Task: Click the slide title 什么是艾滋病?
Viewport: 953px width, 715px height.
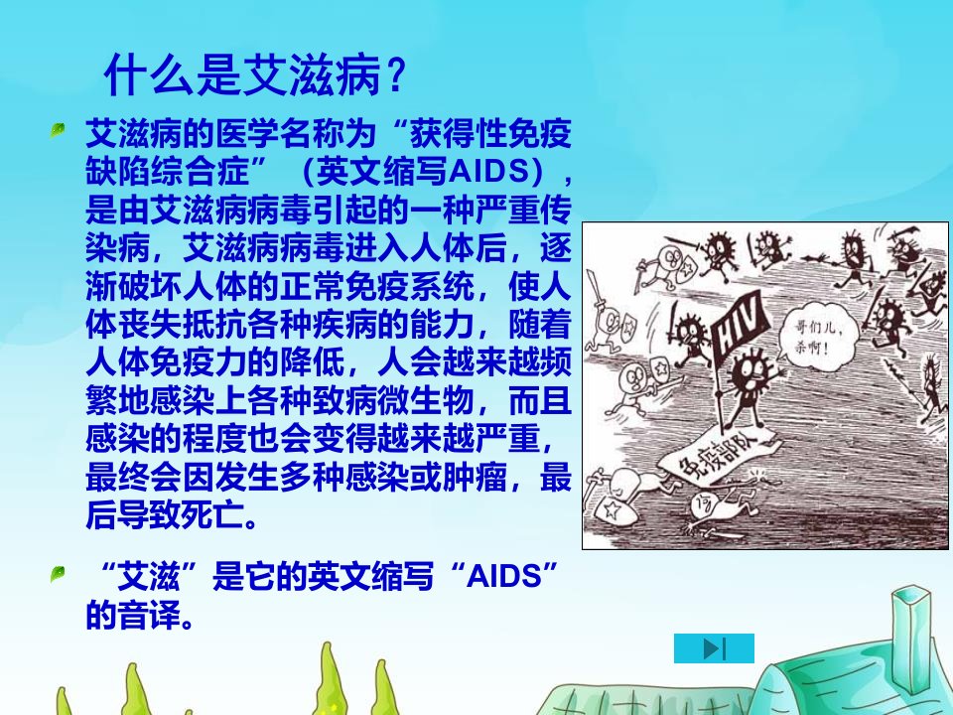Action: click(255, 75)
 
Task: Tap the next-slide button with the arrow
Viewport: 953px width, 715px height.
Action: click(714, 648)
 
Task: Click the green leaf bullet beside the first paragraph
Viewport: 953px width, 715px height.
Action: click(58, 129)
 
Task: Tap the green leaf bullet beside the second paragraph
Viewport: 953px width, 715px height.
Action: click(58, 573)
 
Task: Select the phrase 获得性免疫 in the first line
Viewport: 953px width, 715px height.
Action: click(490, 134)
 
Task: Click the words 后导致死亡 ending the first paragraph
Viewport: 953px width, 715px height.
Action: click(167, 515)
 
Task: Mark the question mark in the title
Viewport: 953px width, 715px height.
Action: click(395, 75)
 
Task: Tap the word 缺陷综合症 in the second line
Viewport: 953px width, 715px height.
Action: click(167, 172)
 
